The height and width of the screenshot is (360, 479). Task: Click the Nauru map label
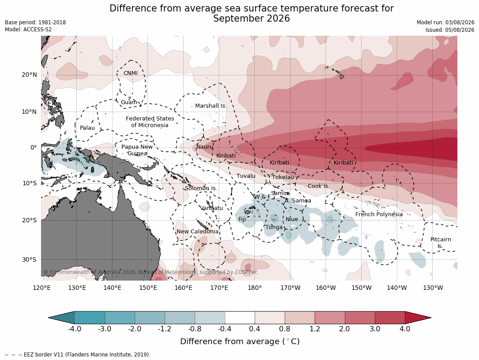click(x=204, y=147)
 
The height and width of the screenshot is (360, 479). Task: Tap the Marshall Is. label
click(x=211, y=106)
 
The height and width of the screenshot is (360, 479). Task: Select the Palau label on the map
click(x=87, y=128)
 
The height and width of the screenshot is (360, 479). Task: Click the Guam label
click(x=129, y=102)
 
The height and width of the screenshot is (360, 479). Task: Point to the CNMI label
click(x=130, y=73)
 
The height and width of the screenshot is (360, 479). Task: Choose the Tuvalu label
click(x=246, y=176)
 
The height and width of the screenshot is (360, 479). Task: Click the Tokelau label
click(x=283, y=177)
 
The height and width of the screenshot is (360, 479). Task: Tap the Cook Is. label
click(x=319, y=186)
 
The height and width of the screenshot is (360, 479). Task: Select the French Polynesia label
click(x=379, y=214)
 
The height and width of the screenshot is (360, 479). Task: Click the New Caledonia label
click(x=197, y=232)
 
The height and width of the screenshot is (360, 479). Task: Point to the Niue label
click(x=292, y=219)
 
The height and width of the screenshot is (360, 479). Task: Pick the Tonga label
click(x=274, y=227)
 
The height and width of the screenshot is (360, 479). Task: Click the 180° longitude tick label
click(x=254, y=288)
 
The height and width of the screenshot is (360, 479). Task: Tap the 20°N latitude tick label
click(x=29, y=75)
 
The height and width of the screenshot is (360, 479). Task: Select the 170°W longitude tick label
click(x=290, y=288)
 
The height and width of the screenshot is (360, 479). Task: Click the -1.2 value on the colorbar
click(x=165, y=329)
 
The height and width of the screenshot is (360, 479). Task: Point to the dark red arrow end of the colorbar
click(x=418, y=318)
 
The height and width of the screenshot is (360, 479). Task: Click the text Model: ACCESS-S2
click(x=28, y=30)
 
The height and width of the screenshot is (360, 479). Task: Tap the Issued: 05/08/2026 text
click(x=450, y=30)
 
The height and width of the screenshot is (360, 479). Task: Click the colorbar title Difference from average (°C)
click(x=240, y=341)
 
